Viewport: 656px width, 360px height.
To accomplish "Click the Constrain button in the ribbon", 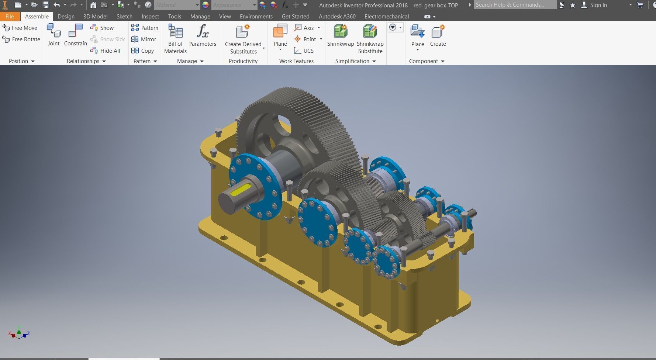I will point(75,35).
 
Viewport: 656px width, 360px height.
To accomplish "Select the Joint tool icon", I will point(53,35).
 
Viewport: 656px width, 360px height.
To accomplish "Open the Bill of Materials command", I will point(175,38).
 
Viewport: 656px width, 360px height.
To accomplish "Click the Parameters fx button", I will point(203,35).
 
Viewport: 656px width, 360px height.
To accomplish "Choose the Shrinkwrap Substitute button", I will point(370,38).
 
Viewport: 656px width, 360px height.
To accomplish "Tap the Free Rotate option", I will point(21,39).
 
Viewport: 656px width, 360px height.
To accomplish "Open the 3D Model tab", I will point(95,16).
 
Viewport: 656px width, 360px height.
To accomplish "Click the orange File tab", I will point(10,16).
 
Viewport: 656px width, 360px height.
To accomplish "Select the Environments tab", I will point(256,16).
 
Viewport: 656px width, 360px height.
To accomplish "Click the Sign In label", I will point(598,5).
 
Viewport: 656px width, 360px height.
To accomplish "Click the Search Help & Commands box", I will point(514,5).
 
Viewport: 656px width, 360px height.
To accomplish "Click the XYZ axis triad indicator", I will point(19,333).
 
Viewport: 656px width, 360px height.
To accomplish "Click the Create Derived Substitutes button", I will point(243,39).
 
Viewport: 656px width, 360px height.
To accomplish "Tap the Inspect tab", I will point(150,16).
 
